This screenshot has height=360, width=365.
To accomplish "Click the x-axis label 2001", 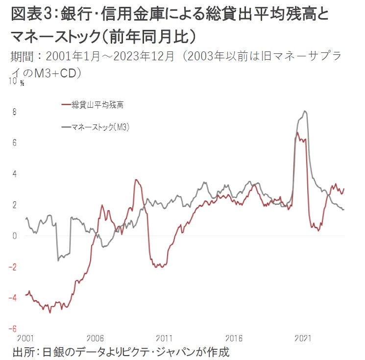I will tap(25, 338).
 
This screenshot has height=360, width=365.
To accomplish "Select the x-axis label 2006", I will tap(95, 338).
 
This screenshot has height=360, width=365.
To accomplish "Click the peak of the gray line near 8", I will tap(305, 111).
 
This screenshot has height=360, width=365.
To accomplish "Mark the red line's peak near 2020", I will tap(297, 132).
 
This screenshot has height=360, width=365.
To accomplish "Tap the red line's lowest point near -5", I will tap(50, 312).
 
